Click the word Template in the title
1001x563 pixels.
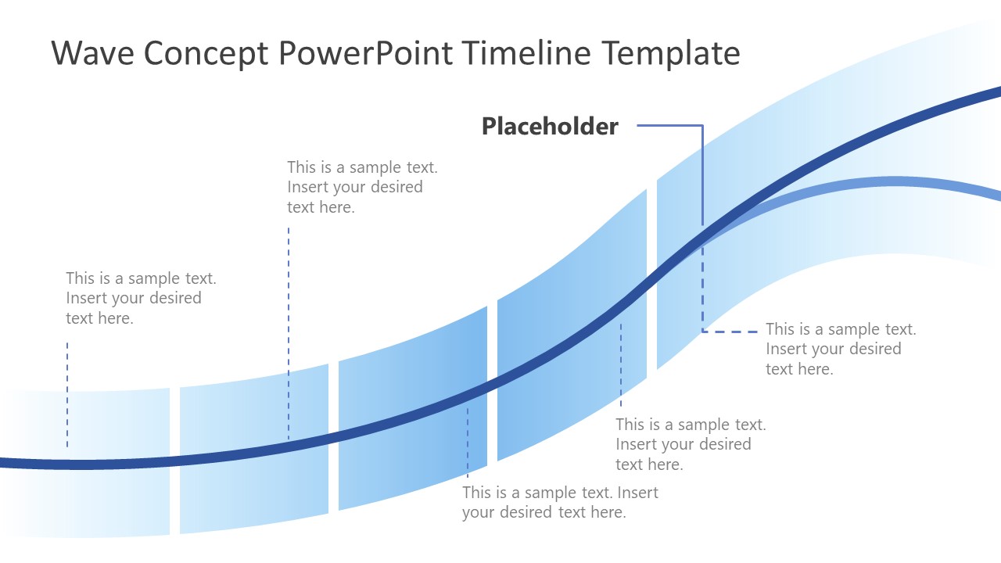click(x=671, y=53)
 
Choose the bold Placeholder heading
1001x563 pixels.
click(x=550, y=127)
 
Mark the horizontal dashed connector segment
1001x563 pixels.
click(x=730, y=332)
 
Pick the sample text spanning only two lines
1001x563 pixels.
click(x=560, y=503)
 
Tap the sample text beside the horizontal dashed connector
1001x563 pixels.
click(x=841, y=349)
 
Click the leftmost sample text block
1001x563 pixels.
click(x=141, y=298)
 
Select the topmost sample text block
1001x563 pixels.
click(x=362, y=187)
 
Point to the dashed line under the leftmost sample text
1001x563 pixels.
click(x=67, y=394)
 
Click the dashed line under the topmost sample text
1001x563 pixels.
click(x=289, y=328)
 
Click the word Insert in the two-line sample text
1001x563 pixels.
click(x=638, y=493)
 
